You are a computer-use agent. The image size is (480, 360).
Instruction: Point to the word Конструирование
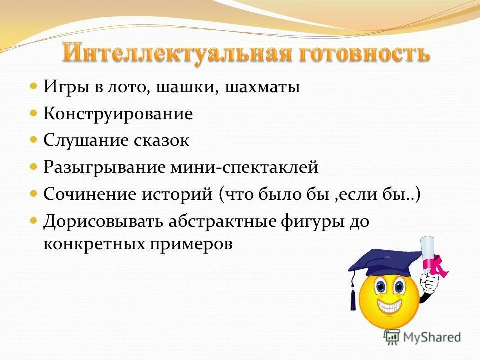click(118, 114)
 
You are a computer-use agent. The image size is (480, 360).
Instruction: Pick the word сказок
click(161, 141)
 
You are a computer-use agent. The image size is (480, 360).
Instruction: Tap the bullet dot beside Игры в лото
click(34, 86)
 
